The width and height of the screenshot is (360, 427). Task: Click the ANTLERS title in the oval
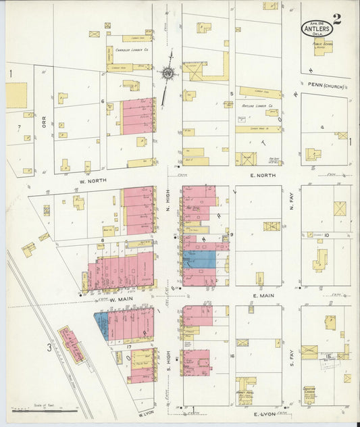click(317, 29)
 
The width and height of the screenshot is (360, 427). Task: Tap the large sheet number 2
click(337, 19)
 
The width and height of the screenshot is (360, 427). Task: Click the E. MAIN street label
click(263, 295)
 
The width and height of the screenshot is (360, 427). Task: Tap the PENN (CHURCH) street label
click(325, 86)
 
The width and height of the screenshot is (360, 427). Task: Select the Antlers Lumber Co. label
click(257, 106)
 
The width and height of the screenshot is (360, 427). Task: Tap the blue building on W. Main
click(101, 324)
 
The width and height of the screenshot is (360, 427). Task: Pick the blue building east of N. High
click(199, 259)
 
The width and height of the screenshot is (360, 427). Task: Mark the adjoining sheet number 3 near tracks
click(49, 348)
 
